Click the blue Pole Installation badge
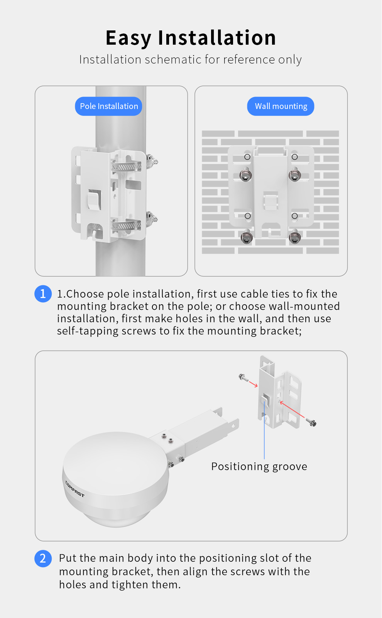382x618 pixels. tap(108, 106)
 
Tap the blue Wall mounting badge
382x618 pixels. tap(281, 106)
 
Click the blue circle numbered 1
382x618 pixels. tap(43, 294)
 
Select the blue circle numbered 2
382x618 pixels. tap(43, 558)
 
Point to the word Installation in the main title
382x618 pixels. tap(217, 37)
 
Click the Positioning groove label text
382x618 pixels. tap(259, 467)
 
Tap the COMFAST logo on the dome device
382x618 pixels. tap(74, 489)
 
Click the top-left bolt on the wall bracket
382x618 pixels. tap(246, 175)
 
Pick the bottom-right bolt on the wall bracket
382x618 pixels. tap(295, 237)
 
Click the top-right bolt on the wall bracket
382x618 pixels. tap(295, 175)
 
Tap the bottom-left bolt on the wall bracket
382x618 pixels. tap(246, 237)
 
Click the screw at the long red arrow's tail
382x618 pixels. tap(311, 422)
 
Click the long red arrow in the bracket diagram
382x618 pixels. tap(292, 410)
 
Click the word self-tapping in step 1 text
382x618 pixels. tap(87, 331)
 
